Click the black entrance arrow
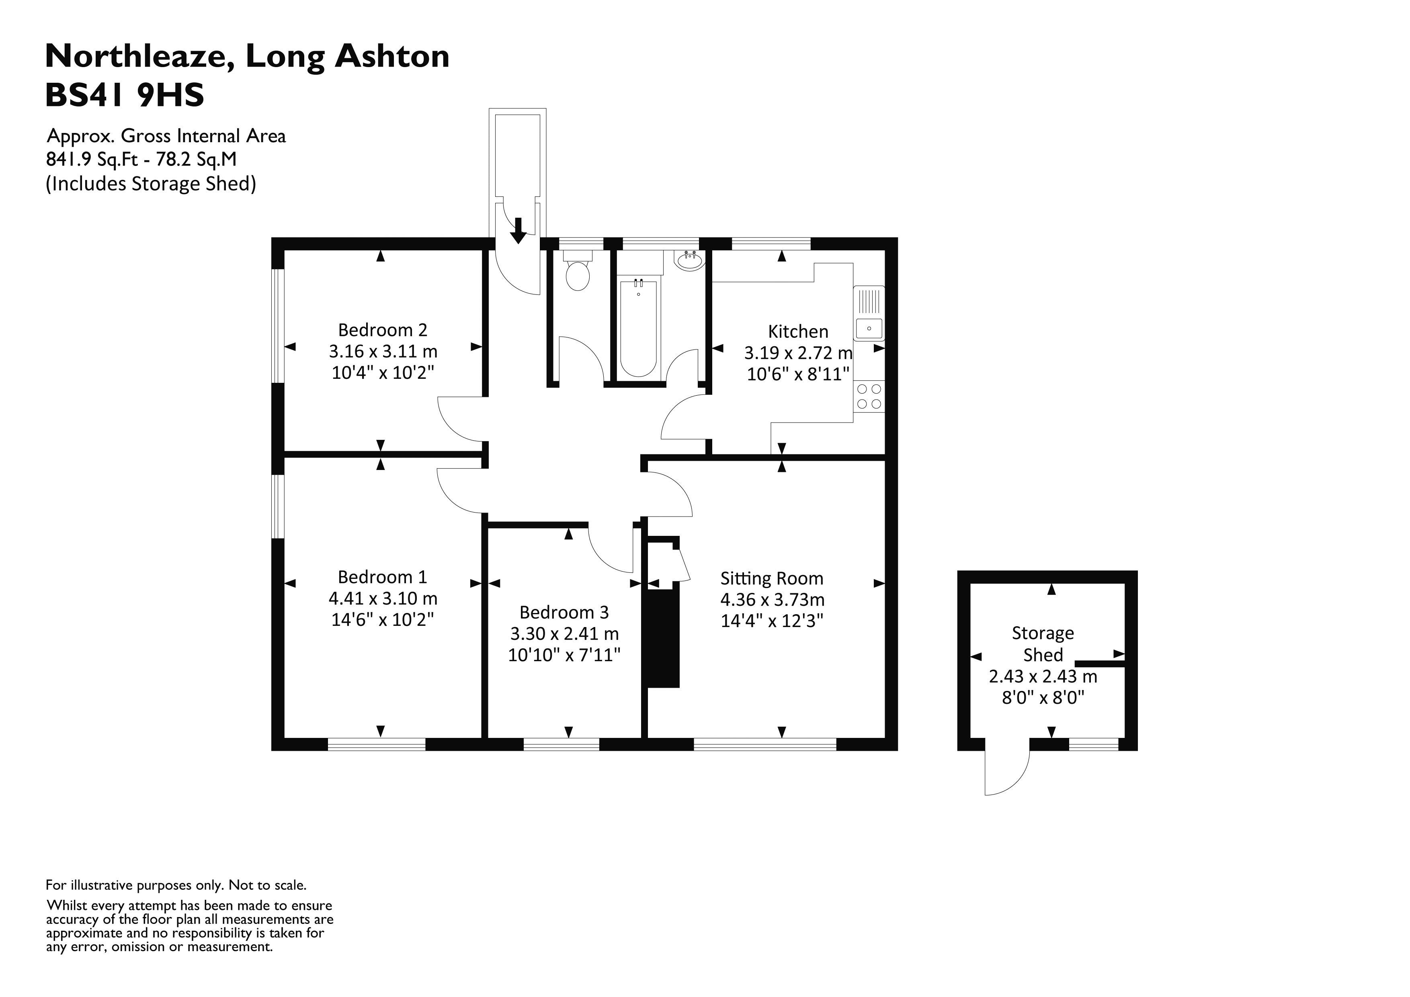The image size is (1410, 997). [519, 230]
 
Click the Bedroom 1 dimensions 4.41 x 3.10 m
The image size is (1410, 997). [383, 598]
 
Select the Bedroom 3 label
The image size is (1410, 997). [564, 612]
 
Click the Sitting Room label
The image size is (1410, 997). [771, 578]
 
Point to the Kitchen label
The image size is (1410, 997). [798, 331]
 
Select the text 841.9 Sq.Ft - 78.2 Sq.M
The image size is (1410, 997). [141, 159]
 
